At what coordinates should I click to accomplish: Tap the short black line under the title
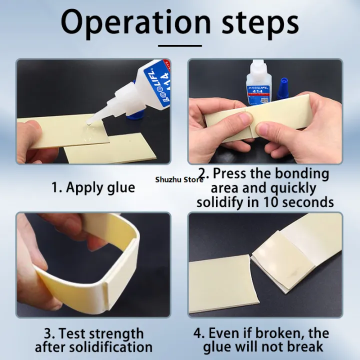pos(180,45)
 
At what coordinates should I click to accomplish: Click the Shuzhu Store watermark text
pos(179,179)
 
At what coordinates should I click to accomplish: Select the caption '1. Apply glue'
pos(93,187)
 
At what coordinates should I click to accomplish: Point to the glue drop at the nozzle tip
pos(88,123)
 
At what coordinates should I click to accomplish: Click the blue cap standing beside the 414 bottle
pos(282,88)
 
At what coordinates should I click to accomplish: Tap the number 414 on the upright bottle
pos(258,91)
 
